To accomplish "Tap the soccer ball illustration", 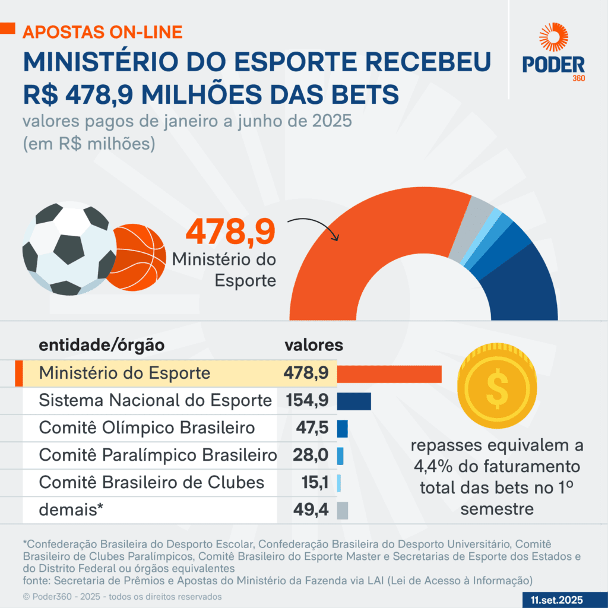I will (69, 249).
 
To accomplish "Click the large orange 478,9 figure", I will (231, 232).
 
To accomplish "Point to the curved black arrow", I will (313, 228).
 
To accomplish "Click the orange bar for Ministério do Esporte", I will (389, 373).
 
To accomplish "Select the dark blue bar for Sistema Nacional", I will (354, 401).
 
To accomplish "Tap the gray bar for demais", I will (342, 510).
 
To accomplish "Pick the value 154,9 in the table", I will (307, 401).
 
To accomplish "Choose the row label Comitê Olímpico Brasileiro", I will (147, 428).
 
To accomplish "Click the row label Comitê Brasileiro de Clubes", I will (151, 482).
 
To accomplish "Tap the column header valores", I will (313, 344).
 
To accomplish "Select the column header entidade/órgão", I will (102, 345).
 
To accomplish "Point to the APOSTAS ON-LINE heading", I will (103, 31).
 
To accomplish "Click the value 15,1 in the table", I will (315, 483).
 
